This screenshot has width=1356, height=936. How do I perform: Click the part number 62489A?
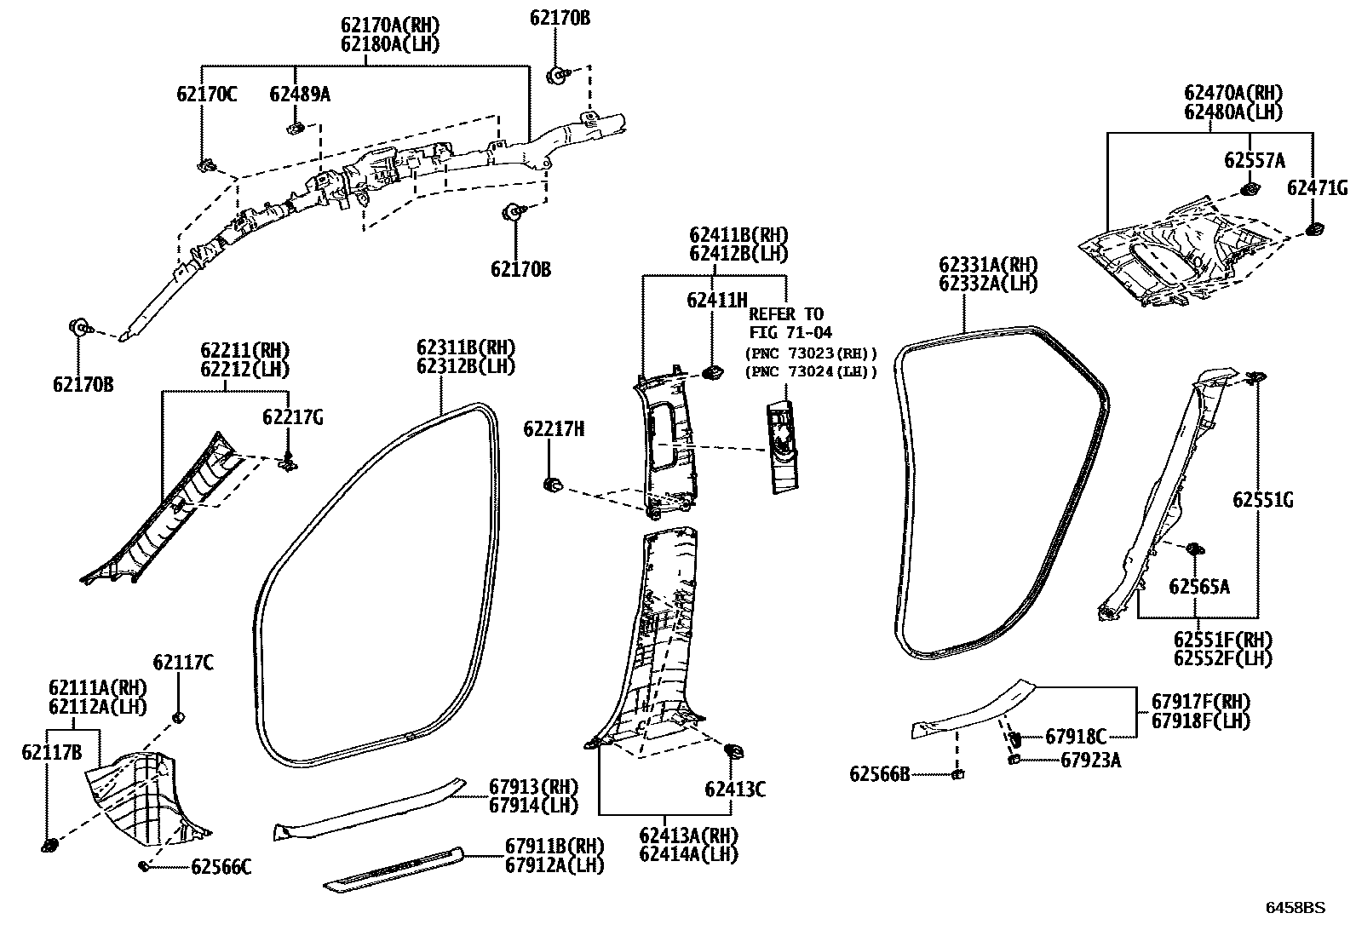coord(300,94)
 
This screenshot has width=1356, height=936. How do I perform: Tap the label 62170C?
coord(207,94)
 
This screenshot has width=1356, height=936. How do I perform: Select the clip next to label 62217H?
coord(551,485)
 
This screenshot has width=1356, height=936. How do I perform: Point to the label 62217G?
coord(292,417)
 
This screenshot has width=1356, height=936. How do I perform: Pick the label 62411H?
coord(716,300)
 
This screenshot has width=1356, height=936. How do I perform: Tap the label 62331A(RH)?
coord(988,265)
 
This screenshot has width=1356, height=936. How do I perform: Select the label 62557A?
coord(1255,160)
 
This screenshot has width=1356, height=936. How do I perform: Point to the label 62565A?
coord(1198,586)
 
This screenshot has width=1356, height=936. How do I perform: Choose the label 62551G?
coord(1262,501)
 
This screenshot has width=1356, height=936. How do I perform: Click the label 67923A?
coord(1090,761)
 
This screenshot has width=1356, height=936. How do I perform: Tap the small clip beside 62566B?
coord(957,774)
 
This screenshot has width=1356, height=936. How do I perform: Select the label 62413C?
coord(734,790)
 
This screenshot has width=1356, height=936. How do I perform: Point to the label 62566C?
coord(221,867)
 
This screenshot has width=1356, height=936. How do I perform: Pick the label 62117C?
coord(183,662)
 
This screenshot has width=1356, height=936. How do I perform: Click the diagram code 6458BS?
coord(1295,908)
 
